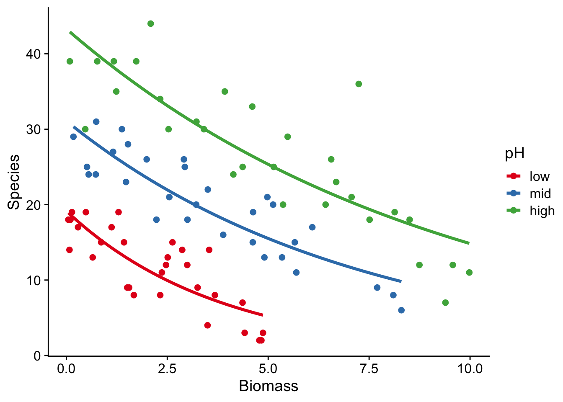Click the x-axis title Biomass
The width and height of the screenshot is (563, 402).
pos(268,386)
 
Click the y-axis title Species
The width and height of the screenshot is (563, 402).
pos(14,182)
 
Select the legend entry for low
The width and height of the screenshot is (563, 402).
pos(539,176)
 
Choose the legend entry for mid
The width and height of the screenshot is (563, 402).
pos(540,193)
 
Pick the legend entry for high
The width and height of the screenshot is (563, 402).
pos(542,211)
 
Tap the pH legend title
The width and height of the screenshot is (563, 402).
pos(514,154)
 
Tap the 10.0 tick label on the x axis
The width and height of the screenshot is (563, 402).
pos(469,369)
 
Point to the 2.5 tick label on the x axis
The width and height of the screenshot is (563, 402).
pos(167,369)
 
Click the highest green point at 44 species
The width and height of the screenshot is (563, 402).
pos(151,24)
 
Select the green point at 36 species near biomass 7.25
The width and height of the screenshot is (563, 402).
pos(359,84)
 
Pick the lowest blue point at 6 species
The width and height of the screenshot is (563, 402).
pos(401,310)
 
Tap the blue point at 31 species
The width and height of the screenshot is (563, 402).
pos(96,122)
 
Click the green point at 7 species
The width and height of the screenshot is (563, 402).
pos(445,303)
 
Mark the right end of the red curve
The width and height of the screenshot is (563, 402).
pos(262,315)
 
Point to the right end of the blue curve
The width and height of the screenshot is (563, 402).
pos(401,281)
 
